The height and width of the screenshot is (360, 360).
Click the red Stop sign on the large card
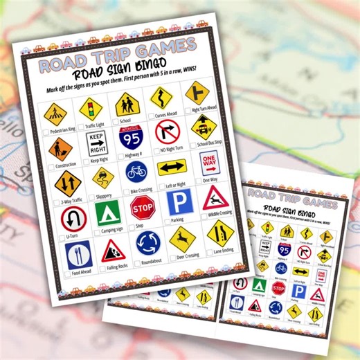click(x=142, y=207)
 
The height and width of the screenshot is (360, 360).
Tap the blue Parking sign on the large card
click(x=178, y=201)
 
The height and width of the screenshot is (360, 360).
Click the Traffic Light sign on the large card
click(x=87, y=108)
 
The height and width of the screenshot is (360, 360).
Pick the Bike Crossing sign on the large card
click(x=136, y=170)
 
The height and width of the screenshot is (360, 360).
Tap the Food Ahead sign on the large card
click(x=78, y=255)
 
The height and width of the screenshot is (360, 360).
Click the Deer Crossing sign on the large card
click(x=182, y=239)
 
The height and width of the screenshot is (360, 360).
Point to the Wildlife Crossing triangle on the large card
click(x=215, y=197)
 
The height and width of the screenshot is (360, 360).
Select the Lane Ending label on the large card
click(x=223, y=250)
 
